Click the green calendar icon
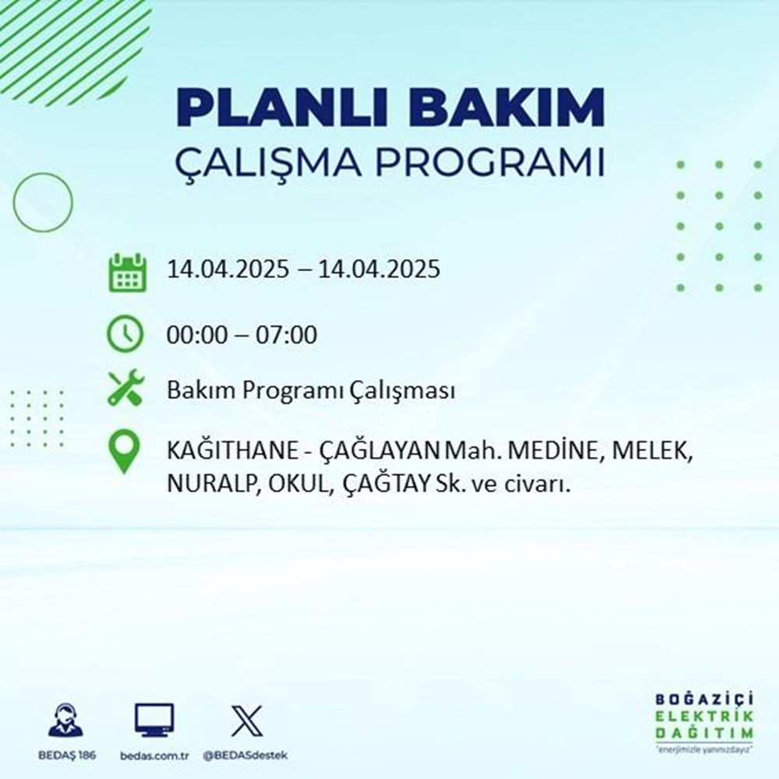[x=126, y=272]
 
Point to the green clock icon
[x=125, y=335]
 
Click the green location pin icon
[x=125, y=453]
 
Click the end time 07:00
[x=289, y=336]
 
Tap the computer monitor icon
[x=153, y=721]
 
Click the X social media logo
[x=245, y=721]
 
